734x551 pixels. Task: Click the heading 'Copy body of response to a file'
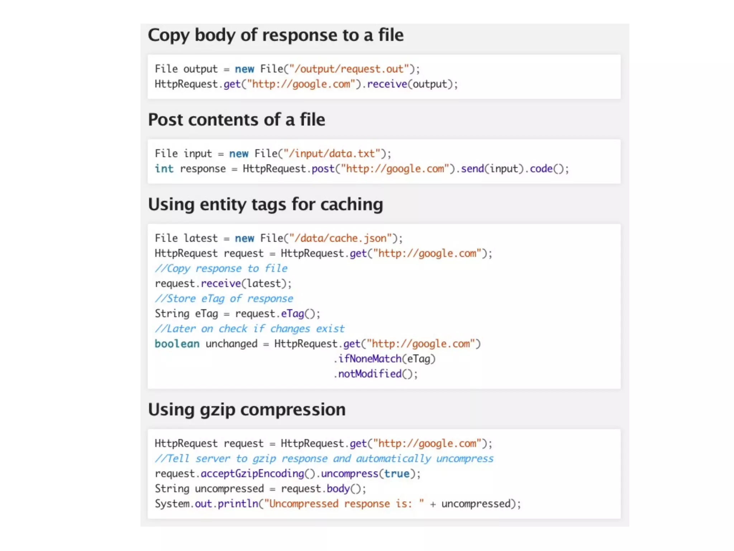point(276,35)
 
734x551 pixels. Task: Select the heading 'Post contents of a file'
point(237,120)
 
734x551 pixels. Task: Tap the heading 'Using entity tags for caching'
point(266,204)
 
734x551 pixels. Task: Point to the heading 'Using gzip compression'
point(247,410)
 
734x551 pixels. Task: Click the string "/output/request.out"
point(349,69)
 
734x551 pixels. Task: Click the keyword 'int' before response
point(164,169)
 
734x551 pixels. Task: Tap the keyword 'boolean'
point(177,344)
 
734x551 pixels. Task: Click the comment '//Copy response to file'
point(221,268)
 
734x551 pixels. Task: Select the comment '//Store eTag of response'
point(224,298)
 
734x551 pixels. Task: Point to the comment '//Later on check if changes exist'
point(249,329)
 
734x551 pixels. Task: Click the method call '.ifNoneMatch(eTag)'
point(384,359)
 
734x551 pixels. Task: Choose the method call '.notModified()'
point(375,374)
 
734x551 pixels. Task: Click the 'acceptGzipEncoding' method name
point(252,474)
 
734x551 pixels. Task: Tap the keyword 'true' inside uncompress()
point(397,474)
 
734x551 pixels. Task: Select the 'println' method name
point(238,504)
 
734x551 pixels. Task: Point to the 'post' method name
point(323,169)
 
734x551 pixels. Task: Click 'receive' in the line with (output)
point(387,84)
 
